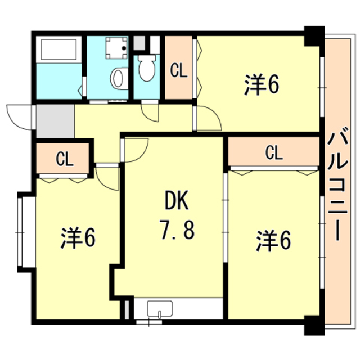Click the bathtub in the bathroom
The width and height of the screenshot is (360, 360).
coord(58,49)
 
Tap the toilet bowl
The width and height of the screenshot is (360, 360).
coord(147,68)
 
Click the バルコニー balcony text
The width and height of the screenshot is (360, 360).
coord(337,186)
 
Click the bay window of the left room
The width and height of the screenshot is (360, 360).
coord(21,231)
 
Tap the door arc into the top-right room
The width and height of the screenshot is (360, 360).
coord(209,117)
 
